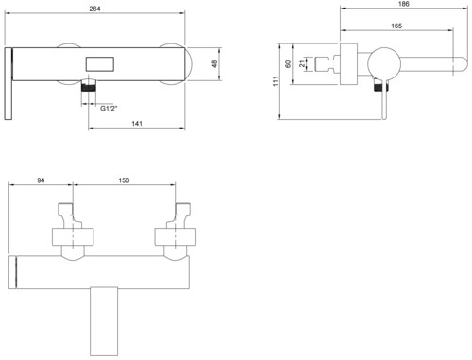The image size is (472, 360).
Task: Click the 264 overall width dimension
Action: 94,9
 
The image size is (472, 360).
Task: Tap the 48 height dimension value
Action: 214,64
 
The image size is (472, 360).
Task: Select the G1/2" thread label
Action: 109,109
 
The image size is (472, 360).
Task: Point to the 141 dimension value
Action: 137,124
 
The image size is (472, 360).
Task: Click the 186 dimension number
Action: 403,4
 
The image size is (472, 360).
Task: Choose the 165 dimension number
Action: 396,26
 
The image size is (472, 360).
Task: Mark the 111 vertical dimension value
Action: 276,81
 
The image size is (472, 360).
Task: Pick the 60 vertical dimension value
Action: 288,64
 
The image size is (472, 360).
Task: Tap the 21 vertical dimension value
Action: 302,63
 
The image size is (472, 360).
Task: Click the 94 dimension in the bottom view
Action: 41,180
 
